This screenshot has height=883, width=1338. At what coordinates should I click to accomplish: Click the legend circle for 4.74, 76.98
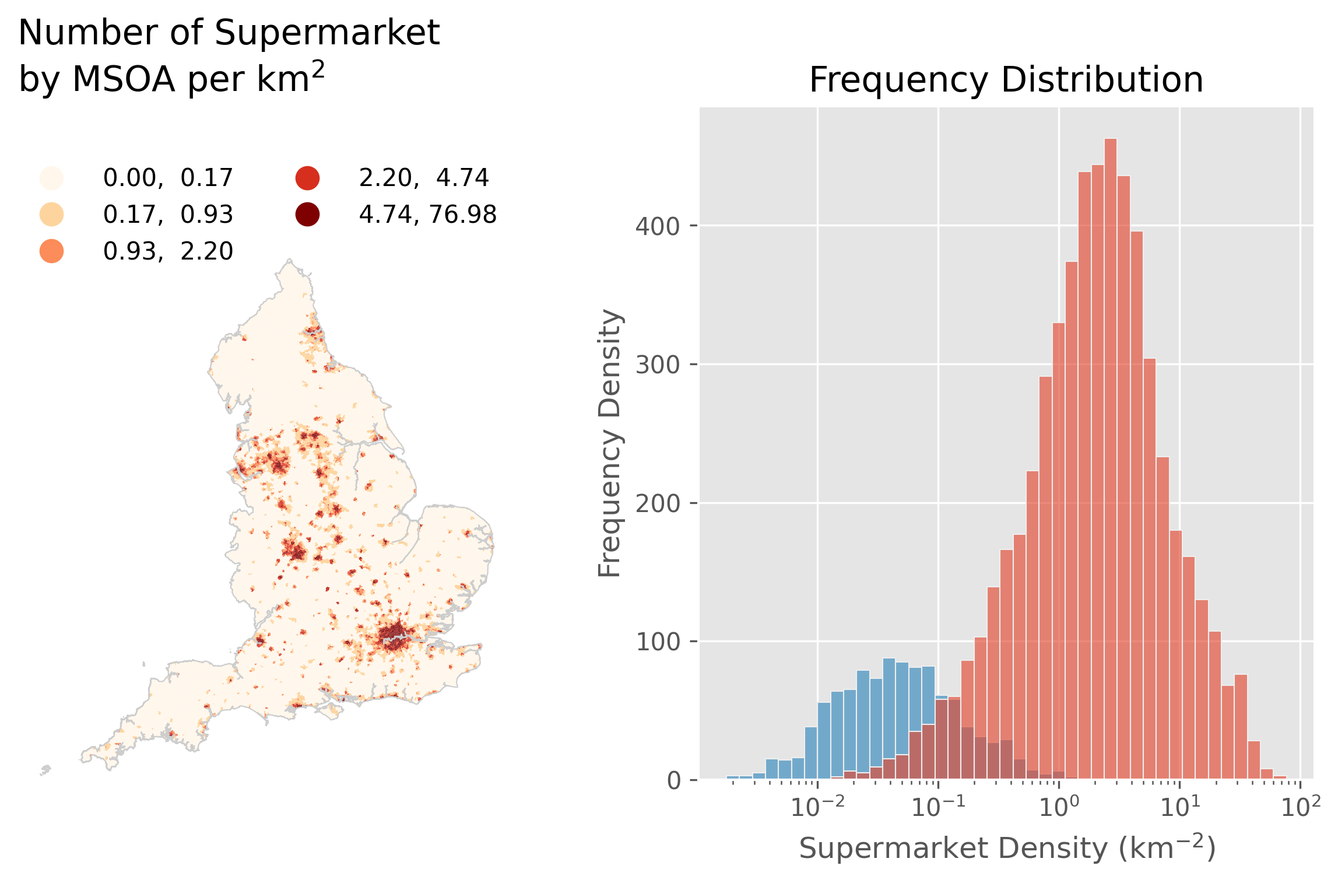(x=307, y=214)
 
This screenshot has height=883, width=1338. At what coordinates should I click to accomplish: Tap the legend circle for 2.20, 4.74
(x=307, y=178)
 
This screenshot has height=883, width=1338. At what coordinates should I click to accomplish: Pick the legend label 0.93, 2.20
(x=168, y=251)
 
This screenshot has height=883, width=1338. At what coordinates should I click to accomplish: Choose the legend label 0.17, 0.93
(x=168, y=215)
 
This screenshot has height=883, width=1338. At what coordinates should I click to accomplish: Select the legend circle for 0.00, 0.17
(x=51, y=178)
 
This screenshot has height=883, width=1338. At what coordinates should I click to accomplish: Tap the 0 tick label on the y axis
(x=673, y=781)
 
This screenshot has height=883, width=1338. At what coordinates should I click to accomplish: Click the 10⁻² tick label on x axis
(x=817, y=807)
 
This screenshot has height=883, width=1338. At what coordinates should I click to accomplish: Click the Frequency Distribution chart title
(x=1006, y=80)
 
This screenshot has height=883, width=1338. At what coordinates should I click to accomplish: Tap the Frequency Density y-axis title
(x=610, y=443)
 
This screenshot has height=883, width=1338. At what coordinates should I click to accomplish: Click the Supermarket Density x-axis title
(x=1007, y=848)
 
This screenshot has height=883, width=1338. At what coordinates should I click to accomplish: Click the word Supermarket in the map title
(x=326, y=33)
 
